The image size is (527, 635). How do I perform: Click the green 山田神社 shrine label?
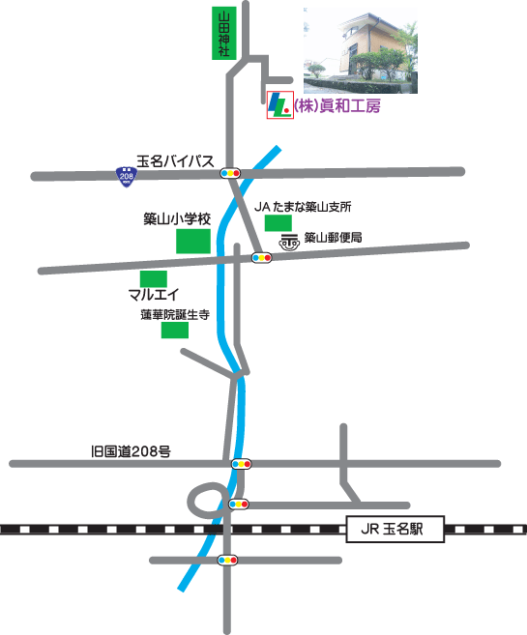[224, 33]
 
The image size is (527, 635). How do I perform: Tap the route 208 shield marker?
[126, 177]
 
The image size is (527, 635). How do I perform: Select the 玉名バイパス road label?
[175, 161]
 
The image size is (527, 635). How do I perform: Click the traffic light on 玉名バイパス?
[230, 173]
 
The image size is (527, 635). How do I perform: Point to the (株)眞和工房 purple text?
[337, 106]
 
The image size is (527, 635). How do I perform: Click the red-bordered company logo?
[279, 105]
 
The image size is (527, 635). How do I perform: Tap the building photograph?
[361, 50]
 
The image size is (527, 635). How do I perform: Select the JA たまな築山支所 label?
[303, 207]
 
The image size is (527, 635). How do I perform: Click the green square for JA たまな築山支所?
[278, 223]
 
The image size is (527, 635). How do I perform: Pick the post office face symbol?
[289, 242]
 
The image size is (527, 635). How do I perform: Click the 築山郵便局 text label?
[333, 238]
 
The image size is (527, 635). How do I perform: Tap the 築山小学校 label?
[177, 219]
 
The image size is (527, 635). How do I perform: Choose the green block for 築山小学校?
[193, 241]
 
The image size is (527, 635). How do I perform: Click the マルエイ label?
[154, 295]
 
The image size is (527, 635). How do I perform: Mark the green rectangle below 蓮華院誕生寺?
[175, 330]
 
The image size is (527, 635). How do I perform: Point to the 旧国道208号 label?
[131, 451]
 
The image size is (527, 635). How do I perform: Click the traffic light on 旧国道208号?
[242, 464]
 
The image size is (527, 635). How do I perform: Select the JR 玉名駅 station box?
[395, 529]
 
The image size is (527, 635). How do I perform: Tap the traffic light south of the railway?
[227, 560]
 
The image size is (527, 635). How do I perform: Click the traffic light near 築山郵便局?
[262, 257]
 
